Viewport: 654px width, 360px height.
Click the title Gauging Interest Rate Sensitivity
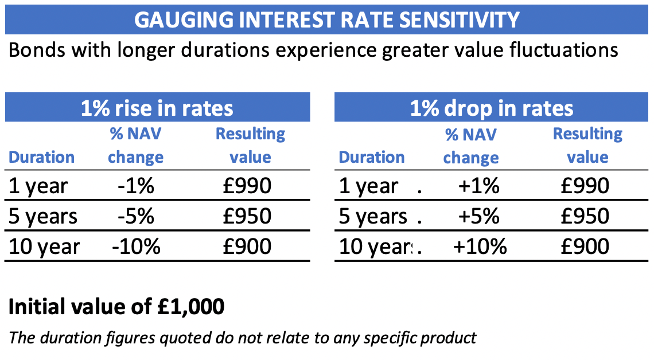[326, 19]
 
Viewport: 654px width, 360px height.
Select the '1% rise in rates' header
[157, 108]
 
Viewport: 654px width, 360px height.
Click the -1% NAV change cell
[136, 186]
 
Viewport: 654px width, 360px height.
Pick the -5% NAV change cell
[136, 216]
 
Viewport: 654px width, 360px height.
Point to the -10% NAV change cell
[136, 246]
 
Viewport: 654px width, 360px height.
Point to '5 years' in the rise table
[44, 217]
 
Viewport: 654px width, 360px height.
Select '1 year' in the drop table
[368, 186]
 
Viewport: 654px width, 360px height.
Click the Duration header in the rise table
[42, 157]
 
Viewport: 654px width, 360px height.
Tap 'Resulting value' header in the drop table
[587, 146]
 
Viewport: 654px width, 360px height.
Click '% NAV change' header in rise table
[135, 146]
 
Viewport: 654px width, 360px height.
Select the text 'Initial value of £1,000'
[116, 307]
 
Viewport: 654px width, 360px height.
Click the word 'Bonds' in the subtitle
[34, 50]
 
